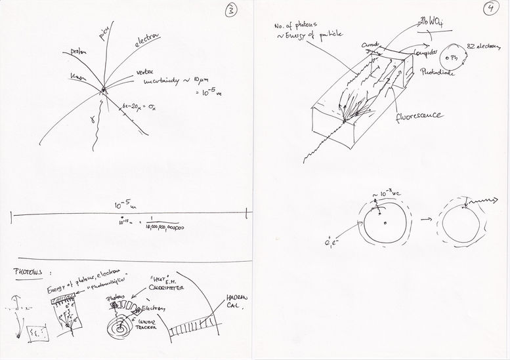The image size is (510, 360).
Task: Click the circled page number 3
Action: coord(230,10)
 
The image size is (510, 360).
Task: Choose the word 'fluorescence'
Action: coord(418,116)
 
